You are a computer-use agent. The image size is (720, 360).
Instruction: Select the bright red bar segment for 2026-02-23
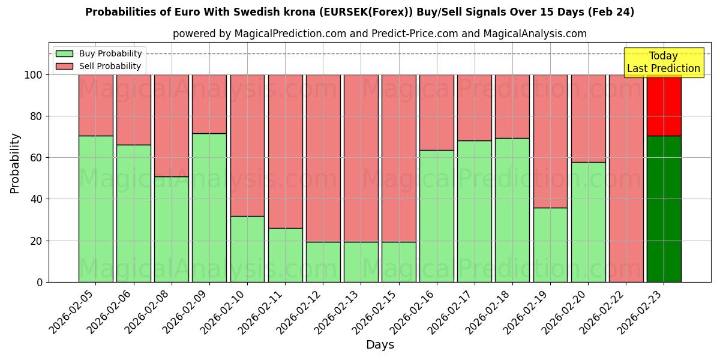664,106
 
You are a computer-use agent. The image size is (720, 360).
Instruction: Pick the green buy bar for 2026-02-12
323,262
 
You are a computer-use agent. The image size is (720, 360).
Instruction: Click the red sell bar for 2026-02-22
626,178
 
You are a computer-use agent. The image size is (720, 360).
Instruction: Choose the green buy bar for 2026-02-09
209,208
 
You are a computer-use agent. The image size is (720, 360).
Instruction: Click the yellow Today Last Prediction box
663,62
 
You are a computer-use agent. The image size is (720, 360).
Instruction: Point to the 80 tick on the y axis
37,116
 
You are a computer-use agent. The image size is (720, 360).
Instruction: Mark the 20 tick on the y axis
37,241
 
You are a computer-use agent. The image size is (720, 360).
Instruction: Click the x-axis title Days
380,345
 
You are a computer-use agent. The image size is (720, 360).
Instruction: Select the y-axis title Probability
15,163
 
